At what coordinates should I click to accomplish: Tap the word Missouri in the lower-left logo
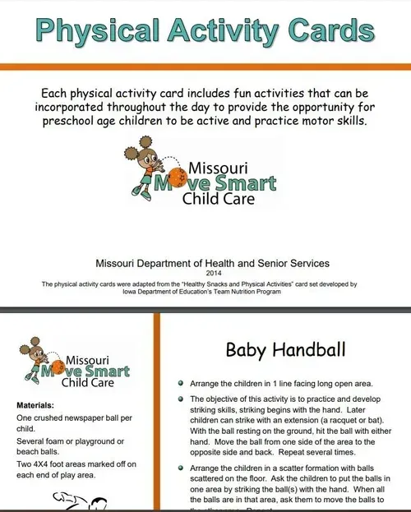coord(95,359)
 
